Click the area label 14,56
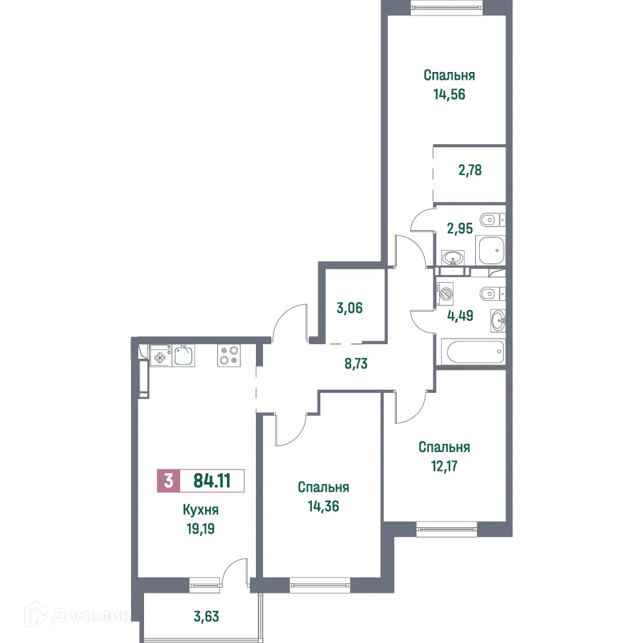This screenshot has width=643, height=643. point(449,95)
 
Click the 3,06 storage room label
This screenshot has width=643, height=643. point(350,307)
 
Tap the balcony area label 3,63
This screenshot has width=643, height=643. point(207,618)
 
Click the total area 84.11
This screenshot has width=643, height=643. point(212,480)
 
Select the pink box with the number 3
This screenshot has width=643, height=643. point(168,481)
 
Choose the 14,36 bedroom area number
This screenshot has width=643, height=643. point(323,506)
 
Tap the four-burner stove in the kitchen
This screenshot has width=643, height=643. point(229,356)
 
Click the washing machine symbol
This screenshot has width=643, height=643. point(446,293)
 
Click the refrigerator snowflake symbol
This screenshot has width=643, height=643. point(159,356)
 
